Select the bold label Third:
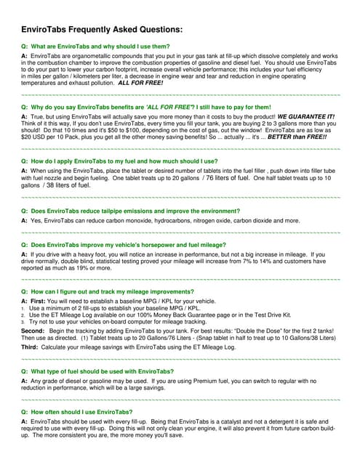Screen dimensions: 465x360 tap(31, 346)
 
